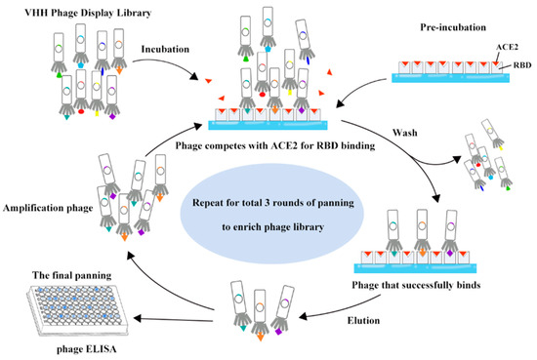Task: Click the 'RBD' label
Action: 516,62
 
